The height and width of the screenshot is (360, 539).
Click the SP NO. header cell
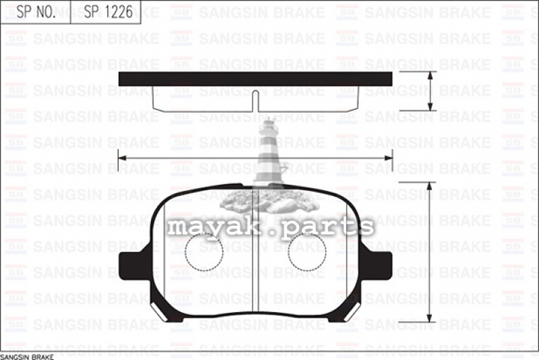coord(36,12)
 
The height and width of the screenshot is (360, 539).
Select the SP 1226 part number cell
coord(106,12)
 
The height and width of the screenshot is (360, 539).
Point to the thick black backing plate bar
coord(255,79)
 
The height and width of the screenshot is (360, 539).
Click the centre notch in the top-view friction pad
coord(255,100)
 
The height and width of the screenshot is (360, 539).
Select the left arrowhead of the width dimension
coord(122,158)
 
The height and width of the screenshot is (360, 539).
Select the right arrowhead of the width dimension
coord(389,158)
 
